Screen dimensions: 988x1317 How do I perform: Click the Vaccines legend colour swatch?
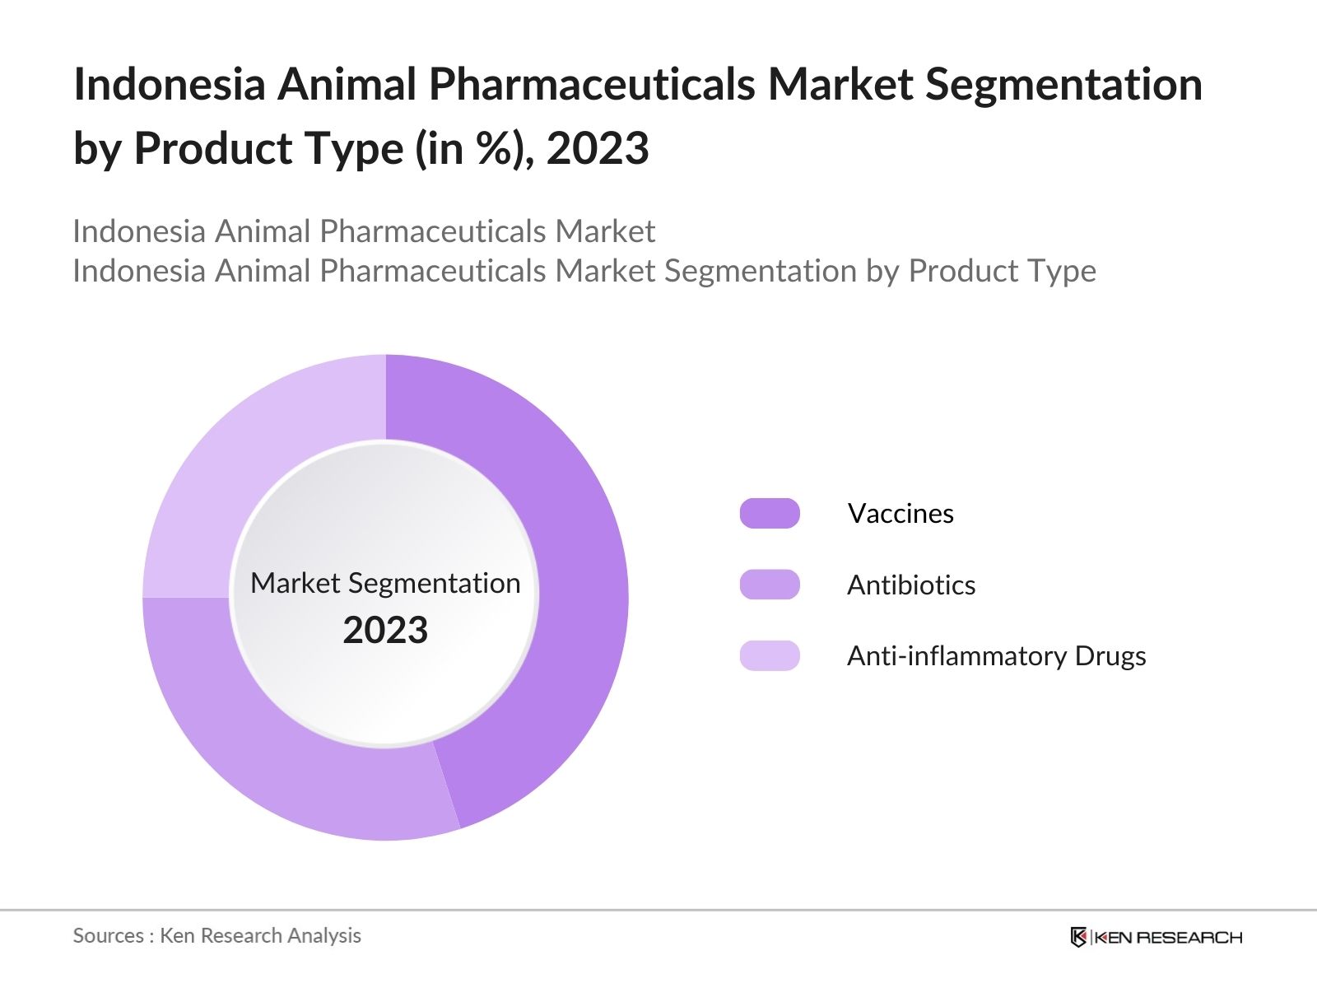770,514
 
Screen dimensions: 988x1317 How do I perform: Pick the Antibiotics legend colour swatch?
770,585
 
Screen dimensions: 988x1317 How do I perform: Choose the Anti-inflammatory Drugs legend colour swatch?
770,656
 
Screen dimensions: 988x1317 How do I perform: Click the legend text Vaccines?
900,514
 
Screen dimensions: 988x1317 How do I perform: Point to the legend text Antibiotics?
911,585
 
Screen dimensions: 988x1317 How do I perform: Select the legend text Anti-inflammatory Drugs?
996,656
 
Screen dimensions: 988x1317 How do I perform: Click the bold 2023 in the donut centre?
385,631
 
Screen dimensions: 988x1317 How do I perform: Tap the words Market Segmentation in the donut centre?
385,583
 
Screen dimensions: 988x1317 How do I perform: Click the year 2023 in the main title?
598,149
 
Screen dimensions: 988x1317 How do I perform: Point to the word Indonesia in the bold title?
170,84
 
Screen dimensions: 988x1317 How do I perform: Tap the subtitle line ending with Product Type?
584,271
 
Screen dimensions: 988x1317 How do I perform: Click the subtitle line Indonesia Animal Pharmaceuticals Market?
364,231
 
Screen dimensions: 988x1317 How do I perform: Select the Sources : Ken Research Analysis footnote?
217,935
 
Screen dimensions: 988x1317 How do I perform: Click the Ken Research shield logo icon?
1078,937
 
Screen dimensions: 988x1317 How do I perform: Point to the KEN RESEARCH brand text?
1169,937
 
